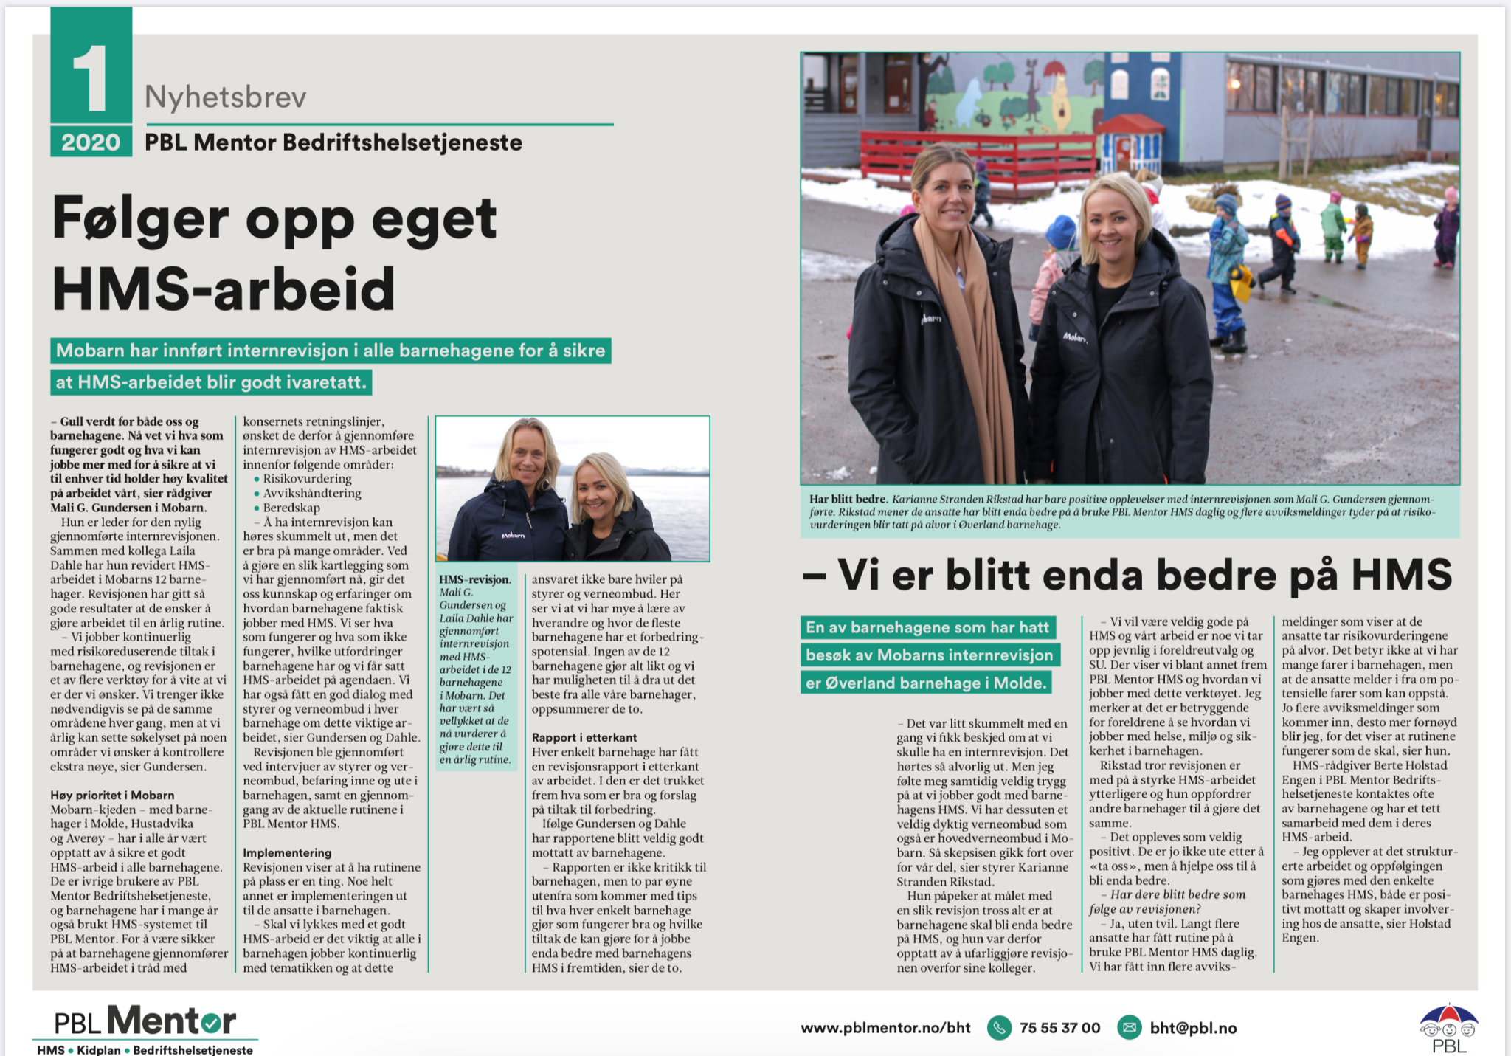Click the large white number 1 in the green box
point(91,78)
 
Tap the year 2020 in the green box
point(91,142)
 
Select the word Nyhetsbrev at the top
point(225,97)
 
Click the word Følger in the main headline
point(140,219)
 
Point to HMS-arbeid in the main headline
point(224,289)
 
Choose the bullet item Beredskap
point(291,508)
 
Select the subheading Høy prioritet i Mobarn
point(112,795)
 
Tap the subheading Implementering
point(287,852)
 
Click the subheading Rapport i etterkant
point(584,737)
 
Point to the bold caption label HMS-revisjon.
point(474,579)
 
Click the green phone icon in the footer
point(999,1027)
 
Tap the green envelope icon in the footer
point(1129,1027)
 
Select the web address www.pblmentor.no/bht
point(885,1027)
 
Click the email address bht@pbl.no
point(1193,1027)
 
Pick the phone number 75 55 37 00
point(1059,1027)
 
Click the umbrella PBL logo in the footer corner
point(1448,1027)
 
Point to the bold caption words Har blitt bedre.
point(848,499)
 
